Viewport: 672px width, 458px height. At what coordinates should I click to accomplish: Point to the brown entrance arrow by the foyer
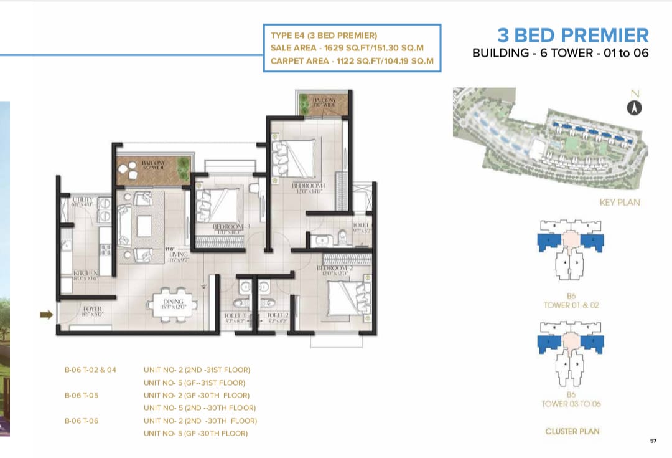coord(46,315)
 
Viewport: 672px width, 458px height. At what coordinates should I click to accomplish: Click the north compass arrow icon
coord(634,108)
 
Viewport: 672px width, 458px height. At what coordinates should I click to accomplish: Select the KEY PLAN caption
coord(619,203)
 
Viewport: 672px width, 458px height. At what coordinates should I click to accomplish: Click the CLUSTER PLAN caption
coord(571,431)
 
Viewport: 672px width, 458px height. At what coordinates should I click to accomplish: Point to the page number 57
coord(653,441)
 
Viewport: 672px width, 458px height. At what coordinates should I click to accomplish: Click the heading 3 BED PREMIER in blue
coord(572,35)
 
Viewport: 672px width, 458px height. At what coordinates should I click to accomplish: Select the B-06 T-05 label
coord(82,395)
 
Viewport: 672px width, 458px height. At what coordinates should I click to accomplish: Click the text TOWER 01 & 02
coord(571,305)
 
